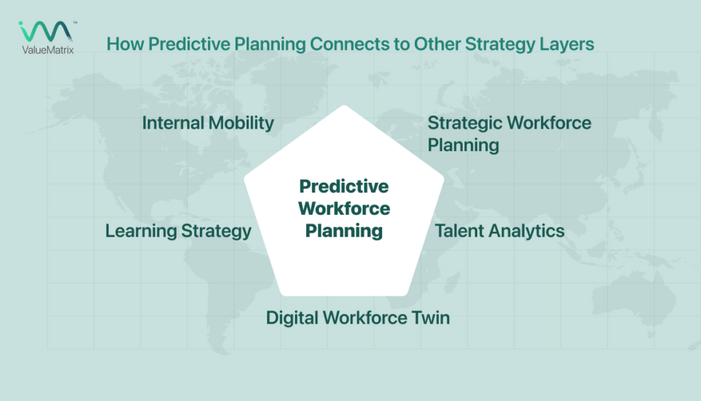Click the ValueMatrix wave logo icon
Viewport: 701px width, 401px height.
pyautogui.click(x=45, y=31)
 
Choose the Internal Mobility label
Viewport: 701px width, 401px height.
pyautogui.click(x=207, y=123)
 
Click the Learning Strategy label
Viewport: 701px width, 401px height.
pyautogui.click(x=178, y=231)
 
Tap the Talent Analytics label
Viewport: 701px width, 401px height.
pyautogui.click(x=500, y=231)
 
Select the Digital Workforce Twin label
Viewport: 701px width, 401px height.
pyautogui.click(x=357, y=318)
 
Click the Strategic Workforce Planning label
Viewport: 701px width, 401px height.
pyautogui.click(x=509, y=134)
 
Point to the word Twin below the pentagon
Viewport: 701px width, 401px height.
pyautogui.click(x=431, y=318)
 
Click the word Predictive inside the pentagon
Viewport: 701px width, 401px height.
pyautogui.click(x=344, y=186)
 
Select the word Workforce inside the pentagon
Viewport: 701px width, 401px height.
pyautogui.click(x=344, y=208)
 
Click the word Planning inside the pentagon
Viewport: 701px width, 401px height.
pyautogui.click(x=344, y=231)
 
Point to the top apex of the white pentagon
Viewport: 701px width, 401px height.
pyautogui.click(x=344, y=107)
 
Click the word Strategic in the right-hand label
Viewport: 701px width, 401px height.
pyautogui.click(x=465, y=123)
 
